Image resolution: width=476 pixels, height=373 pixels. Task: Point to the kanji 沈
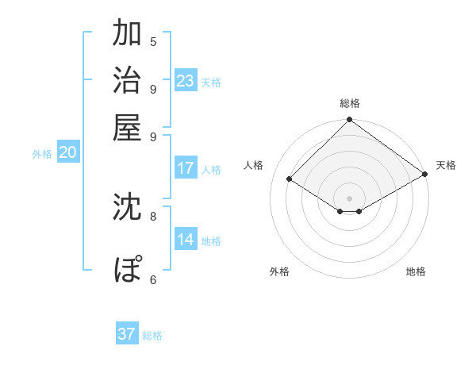click(127, 206)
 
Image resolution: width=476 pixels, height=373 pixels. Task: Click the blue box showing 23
click(186, 81)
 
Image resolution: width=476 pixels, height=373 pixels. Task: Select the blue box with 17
click(186, 168)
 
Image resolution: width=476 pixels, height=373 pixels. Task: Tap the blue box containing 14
click(186, 240)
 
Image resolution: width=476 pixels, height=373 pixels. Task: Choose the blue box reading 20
click(67, 153)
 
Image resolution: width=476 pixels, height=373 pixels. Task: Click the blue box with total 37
click(127, 334)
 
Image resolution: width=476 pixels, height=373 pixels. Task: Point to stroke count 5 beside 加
click(153, 41)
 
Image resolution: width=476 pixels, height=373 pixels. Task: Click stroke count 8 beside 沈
click(153, 215)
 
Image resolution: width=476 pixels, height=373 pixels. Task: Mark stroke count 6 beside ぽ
click(153, 279)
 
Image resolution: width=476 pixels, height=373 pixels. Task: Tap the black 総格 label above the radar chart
click(350, 103)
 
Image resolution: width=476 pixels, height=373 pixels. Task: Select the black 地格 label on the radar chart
click(416, 271)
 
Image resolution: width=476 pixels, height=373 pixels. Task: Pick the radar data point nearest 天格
click(426, 175)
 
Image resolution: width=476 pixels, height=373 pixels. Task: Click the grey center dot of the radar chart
click(350, 198)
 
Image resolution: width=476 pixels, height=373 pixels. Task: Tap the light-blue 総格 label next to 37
click(152, 336)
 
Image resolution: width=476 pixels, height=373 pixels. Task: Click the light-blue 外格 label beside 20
click(42, 155)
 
